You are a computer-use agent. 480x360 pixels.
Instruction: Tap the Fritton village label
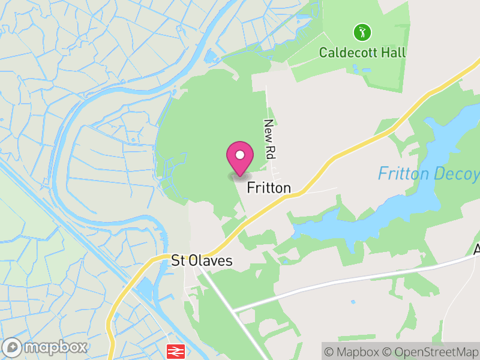269,188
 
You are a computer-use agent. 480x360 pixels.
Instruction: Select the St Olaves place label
202,260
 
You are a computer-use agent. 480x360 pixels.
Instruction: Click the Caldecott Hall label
362,52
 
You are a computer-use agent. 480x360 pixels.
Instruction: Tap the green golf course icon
362,31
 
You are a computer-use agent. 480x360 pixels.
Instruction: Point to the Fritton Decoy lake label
428,174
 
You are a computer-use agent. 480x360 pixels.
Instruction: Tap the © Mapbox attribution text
350,350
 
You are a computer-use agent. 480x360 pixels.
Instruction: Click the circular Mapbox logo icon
13,347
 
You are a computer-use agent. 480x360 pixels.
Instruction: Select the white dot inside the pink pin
240,155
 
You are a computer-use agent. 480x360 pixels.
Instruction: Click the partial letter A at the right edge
476,249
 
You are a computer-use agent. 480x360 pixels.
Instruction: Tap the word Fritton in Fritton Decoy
403,174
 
